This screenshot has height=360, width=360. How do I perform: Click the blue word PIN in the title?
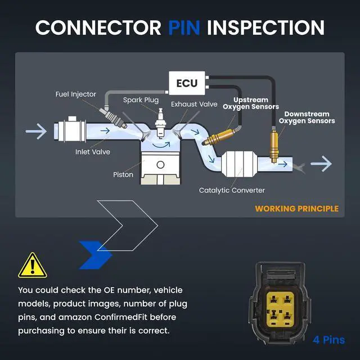(x=184, y=28)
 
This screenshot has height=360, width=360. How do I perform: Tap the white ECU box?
(x=187, y=83)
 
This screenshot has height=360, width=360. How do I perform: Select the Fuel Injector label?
(x=76, y=94)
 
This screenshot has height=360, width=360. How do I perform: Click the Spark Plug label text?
(x=141, y=100)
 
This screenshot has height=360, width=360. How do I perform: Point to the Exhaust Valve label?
(x=194, y=104)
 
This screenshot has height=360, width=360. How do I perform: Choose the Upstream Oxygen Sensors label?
(x=251, y=103)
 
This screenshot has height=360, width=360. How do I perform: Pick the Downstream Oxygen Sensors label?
(x=307, y=118)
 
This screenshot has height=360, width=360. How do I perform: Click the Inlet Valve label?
(x=93, y=152)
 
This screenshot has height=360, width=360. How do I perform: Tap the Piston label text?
(x=123, y=174)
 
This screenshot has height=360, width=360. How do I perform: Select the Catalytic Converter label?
(x=232, y=190)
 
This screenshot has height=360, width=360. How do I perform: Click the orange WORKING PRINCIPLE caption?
(x=296, y=209)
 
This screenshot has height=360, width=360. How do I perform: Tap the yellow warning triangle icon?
(x=33, y=265)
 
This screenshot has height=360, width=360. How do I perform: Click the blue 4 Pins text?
(x=328, y=340)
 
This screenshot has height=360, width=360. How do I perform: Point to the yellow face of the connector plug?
(x=280, y=309)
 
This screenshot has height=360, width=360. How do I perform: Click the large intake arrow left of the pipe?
(x=36, y=131)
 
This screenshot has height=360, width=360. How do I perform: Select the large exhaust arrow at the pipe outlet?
(x=321, y=164)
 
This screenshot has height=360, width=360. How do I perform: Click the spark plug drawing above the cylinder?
(x=160, y=123)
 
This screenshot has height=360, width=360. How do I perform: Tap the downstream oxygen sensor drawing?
(x=274, y=145)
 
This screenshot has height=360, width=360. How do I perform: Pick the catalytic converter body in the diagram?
(x=239, y=164)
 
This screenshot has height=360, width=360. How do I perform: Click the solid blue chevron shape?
(x=96, y=255)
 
